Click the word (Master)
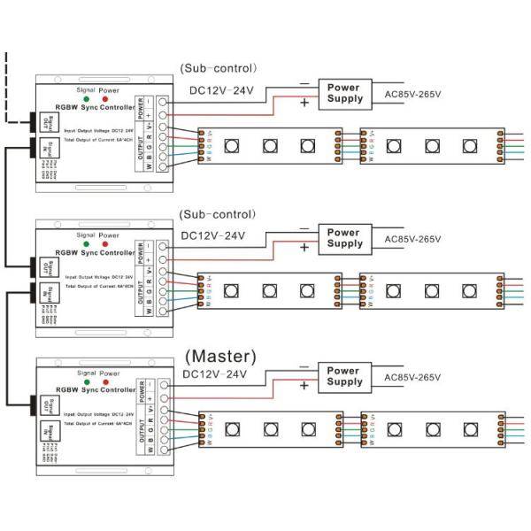click(x=220, y=356)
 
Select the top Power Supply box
click(x=344, y=92)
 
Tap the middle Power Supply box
click(x=344, y=237)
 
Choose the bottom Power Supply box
click(x=344, y=376)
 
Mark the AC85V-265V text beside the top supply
click(x=412, y=94)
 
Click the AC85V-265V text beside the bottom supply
click(x=412, y=378)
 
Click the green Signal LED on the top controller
click(x=85, y=97)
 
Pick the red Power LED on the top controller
click(x=108, y=97)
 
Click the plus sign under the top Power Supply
click(x=305, y=104)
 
